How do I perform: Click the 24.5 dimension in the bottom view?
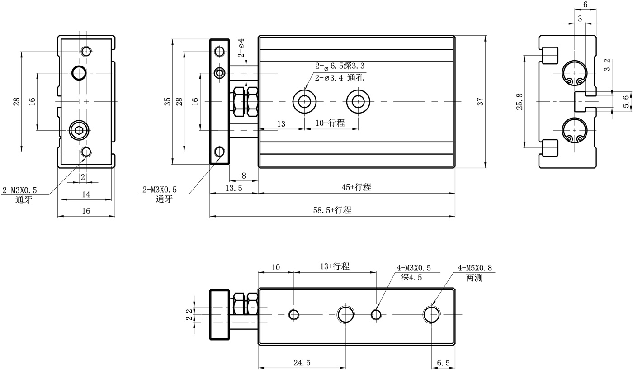302,362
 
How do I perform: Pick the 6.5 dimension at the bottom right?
444,362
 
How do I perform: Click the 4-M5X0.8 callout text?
475,268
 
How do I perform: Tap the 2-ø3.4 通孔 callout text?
340,78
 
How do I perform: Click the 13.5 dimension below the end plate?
233,187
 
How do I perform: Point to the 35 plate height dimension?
167,102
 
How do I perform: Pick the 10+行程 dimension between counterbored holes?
330,123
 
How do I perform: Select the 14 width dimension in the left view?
86,194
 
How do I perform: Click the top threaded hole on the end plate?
220,51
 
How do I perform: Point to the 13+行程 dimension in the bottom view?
335,266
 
